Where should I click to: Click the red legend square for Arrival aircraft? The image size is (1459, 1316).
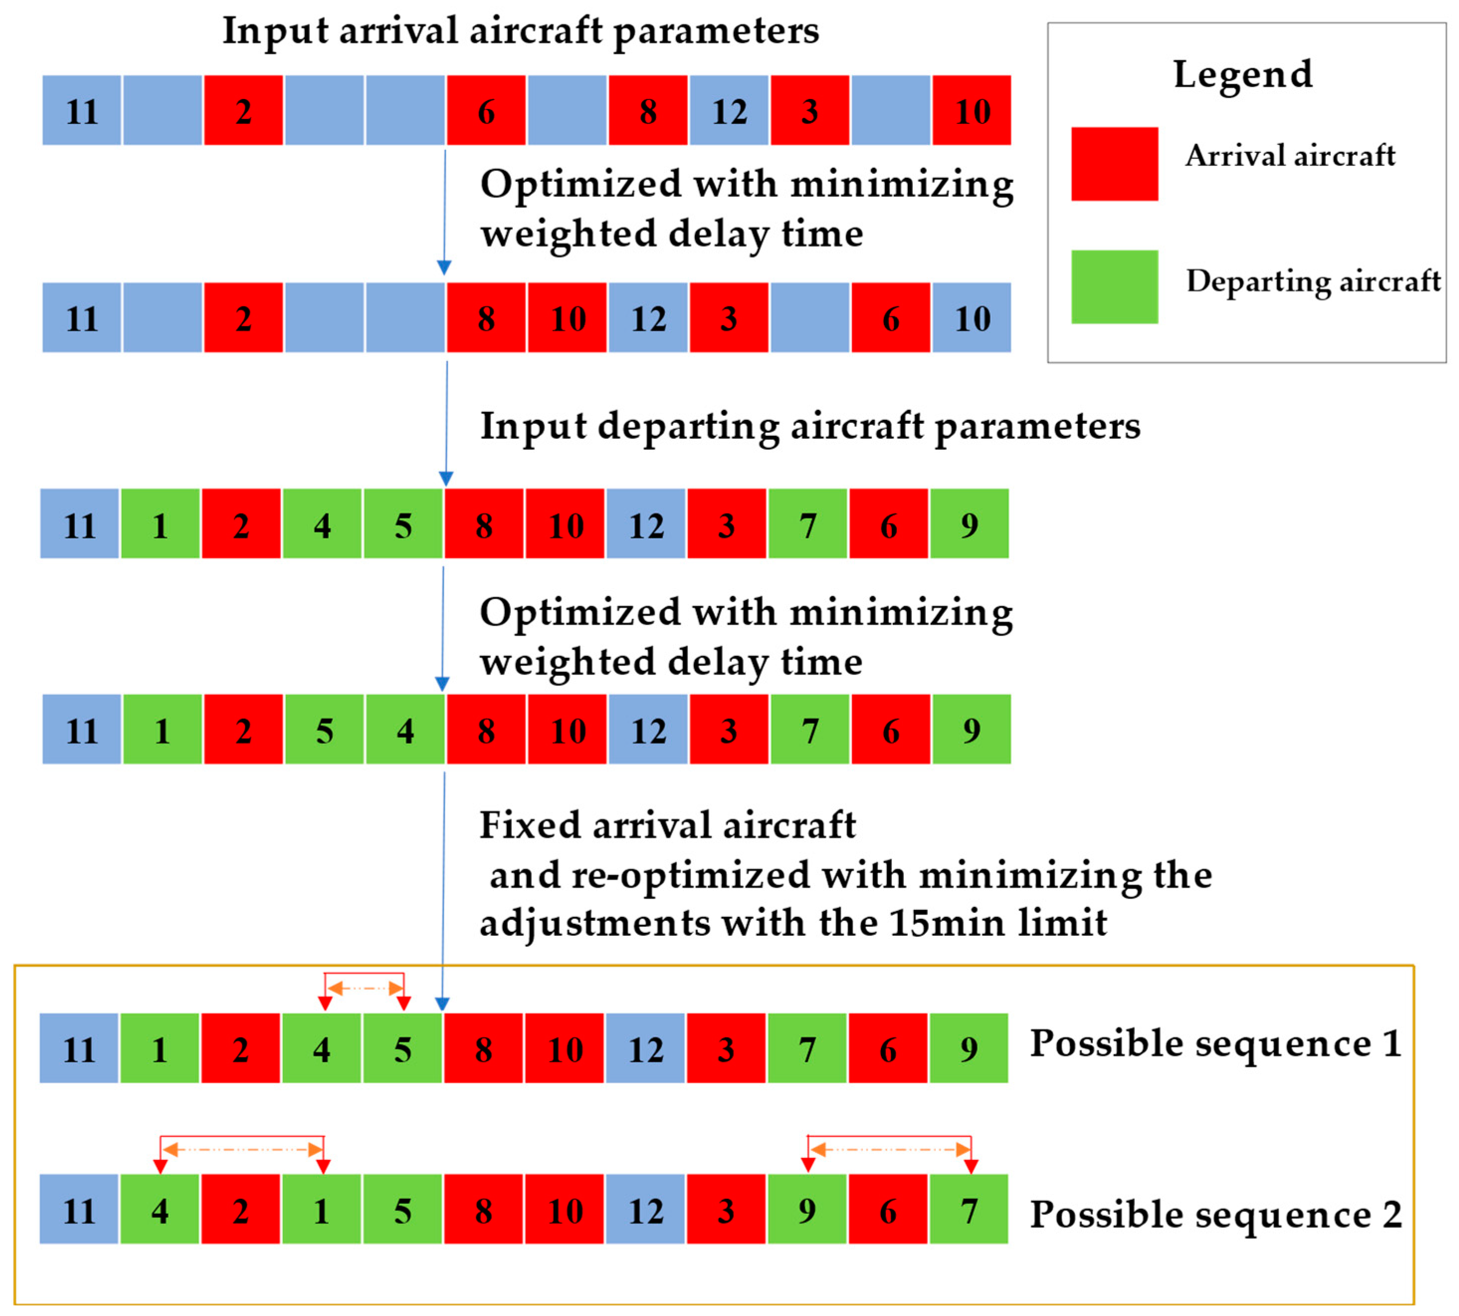[x=1114, y=164]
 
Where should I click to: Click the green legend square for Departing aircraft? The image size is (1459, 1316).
[x=1114, y=287]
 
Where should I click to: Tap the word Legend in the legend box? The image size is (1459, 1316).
[x=1242, y=75]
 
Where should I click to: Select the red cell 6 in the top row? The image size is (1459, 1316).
[x=486, y=110]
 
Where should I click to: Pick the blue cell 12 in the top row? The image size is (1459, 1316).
[x=729, y=110]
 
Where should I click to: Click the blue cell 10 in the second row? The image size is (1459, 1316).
[x=971, y=318]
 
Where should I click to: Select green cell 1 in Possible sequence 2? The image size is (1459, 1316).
[x=321, y=1211]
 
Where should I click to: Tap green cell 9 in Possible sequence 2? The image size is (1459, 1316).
[x=807, y=1211]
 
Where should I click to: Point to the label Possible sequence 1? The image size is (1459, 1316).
[x=1215, y=1043]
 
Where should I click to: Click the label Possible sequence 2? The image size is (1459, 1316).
[x=1215, y=1214]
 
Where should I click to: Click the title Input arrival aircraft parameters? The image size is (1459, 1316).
[x=520, y=30]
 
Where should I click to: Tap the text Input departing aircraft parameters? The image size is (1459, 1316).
[x=810, y=425]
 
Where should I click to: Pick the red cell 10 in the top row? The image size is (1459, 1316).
[x=971, y=110]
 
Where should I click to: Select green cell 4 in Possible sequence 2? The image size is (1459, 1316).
[x=160, y=1211]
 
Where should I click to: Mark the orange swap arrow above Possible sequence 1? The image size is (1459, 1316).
[x=365, y=988]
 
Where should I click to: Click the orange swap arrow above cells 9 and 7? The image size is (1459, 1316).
[x=889, y=1149]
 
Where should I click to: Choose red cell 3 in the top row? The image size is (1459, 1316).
[x=809, y=110]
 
